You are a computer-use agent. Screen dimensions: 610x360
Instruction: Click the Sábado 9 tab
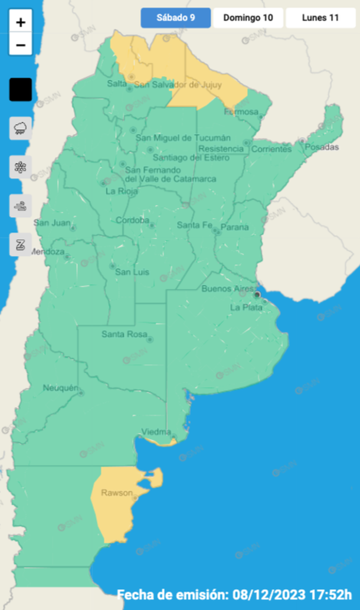coord(175,18)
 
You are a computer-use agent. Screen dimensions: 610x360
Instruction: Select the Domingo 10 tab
coord(248,18)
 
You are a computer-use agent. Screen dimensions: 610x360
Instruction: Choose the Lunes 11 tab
coord(320,18)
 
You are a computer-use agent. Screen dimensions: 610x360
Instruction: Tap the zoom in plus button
coord(21,22)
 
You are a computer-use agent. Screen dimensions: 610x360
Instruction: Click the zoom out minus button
coord(21,45)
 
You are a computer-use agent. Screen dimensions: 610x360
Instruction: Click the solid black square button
coord(21,90)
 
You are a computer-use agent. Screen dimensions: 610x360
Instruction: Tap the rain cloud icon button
coord(21,128)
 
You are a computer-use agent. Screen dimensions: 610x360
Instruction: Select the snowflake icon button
coord(21,166)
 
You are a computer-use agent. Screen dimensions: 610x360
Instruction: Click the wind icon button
coord(21,206)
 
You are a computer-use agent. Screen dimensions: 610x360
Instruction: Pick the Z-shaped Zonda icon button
coord(21,244)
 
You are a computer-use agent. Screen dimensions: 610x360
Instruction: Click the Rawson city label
coord(114,493)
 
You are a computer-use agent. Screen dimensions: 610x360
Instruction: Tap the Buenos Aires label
coord(227,289)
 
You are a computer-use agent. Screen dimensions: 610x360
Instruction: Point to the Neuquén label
coord(60,388)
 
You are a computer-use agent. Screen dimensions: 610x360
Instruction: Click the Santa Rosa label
coord(123,334)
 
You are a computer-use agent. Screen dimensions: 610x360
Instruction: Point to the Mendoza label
coord(46,252)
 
